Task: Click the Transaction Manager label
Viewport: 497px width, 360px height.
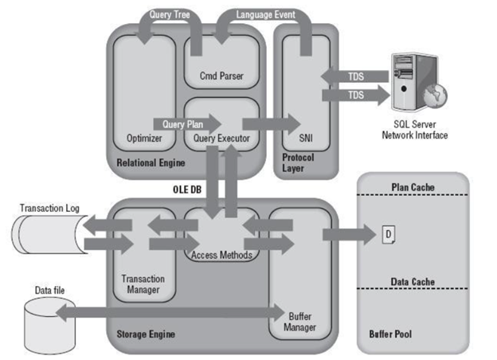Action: click(143, 284)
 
